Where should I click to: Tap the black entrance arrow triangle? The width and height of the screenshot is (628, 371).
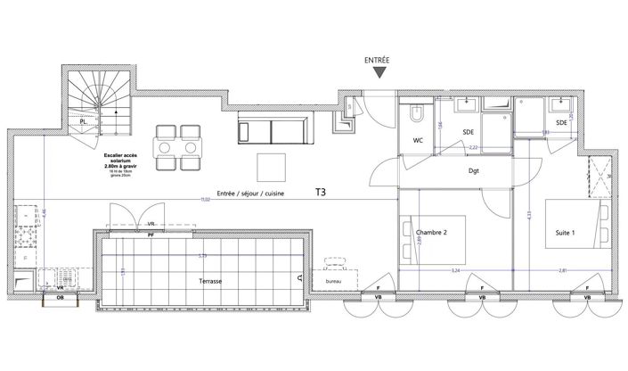coord(379,74)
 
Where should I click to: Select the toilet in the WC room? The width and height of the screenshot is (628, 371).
coord(416,114)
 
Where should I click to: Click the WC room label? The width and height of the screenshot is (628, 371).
coord(417,142)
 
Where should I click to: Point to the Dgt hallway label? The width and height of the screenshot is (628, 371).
coord(474,171)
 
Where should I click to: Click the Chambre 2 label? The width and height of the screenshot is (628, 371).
coord(430,233)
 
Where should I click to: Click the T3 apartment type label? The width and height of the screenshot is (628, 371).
coord(320,192)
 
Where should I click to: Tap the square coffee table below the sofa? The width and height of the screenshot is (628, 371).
coord(271,166)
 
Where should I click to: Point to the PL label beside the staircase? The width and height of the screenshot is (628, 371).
coord(83,121)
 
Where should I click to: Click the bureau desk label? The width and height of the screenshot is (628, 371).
coord(333,280)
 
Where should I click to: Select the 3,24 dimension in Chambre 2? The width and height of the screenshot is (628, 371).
coord(455,270)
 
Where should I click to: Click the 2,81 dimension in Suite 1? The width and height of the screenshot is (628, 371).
coord(561,270)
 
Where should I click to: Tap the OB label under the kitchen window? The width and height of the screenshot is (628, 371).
coord(60,297)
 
